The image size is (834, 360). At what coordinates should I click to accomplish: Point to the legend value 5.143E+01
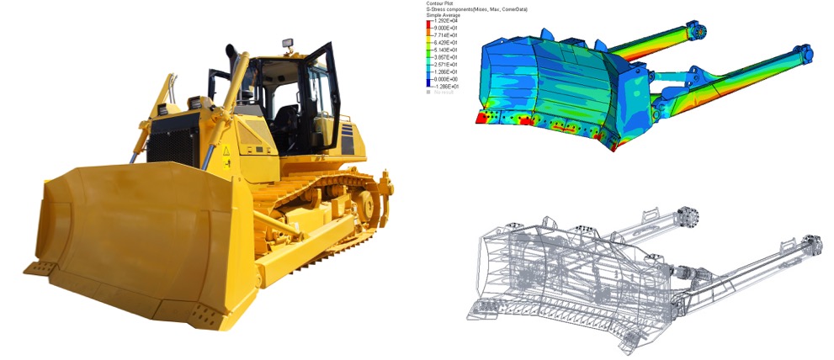tap(447, 49)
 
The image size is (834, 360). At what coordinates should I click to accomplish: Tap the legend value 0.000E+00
tap(447, 78)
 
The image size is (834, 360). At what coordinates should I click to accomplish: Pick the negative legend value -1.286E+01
tap(447, 86)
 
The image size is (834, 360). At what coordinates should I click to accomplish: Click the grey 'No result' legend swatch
tap(429, 92)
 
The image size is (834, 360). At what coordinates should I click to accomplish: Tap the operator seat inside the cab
tap(287, 118)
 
